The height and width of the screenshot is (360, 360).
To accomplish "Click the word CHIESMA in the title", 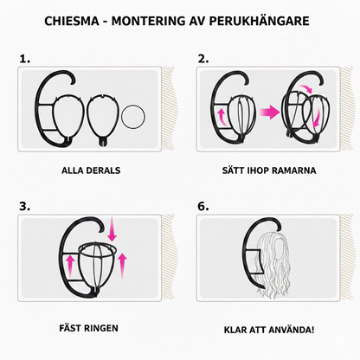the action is pos(72,21).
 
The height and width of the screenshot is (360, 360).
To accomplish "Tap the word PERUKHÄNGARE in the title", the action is pos(259,21).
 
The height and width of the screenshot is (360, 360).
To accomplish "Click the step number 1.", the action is pos(25,59).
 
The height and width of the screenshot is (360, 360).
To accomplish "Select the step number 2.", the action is pos(203,59).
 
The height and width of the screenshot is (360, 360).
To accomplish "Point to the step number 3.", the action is pos(25,207).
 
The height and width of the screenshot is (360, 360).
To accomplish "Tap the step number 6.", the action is pos(203,207).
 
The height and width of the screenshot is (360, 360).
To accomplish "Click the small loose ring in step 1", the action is pos(122,117).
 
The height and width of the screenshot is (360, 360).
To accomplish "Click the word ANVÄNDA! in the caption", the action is pos(291,330).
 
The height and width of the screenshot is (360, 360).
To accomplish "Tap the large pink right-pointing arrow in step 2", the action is pos(270,112).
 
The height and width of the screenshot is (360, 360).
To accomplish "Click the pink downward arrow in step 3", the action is pos(112,229).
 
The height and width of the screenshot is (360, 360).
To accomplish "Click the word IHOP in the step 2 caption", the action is pos(258,170).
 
